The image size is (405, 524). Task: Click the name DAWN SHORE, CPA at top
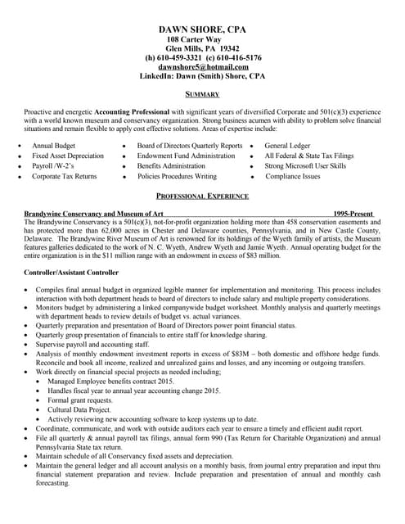(202, 29)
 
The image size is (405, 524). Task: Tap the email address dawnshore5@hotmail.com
(202, 66)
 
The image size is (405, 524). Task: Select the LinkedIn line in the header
(202, 75)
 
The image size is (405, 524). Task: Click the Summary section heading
(202, 94)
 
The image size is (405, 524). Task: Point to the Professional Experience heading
(202, 196)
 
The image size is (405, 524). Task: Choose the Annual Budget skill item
(53, 145)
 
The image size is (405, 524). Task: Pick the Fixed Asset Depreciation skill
(68, 155)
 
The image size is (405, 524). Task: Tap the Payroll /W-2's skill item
(53, 165)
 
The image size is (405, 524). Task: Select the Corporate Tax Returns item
(64, 175)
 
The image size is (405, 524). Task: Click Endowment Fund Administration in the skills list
(186, 155)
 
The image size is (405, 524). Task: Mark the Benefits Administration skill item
(171, 165)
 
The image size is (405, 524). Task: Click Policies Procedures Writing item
(177, 175)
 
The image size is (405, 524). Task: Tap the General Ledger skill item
(288, 145)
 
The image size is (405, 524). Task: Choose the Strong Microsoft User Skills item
(305, 165)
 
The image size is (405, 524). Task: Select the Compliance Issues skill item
(293, 175)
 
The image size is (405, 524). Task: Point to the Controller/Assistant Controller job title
(71, 272)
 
